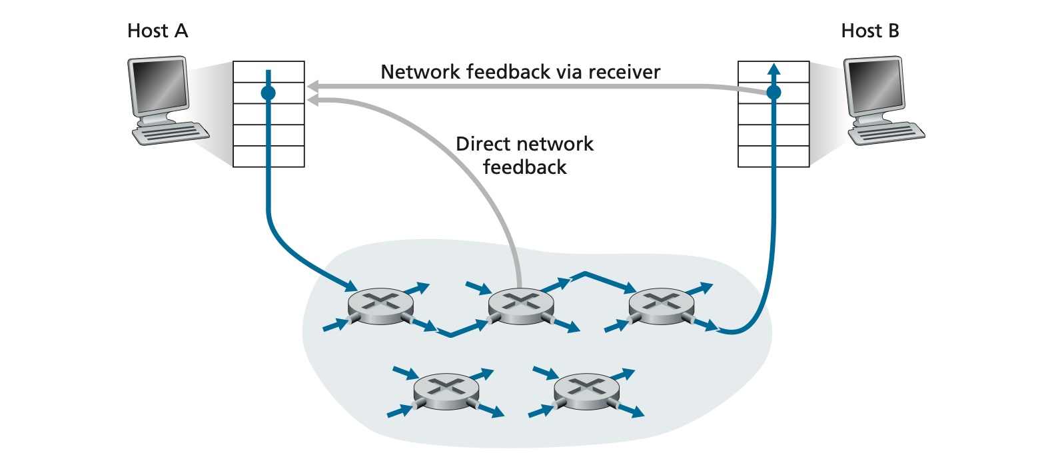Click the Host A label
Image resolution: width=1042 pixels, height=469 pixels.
[157, 31]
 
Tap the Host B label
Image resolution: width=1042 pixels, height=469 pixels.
[870, 31]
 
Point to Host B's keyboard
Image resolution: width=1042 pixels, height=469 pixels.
[886, 133]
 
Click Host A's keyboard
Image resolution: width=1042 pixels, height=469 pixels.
[171, 133]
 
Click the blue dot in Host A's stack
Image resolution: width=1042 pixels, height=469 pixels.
[268, 93]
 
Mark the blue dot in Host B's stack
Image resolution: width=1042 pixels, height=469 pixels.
[774, 93]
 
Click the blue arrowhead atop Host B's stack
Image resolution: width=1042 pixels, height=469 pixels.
[774, 69]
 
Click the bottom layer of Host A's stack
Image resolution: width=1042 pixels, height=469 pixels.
[269, 157]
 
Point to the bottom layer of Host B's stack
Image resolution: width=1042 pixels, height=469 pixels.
[774, 157]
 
